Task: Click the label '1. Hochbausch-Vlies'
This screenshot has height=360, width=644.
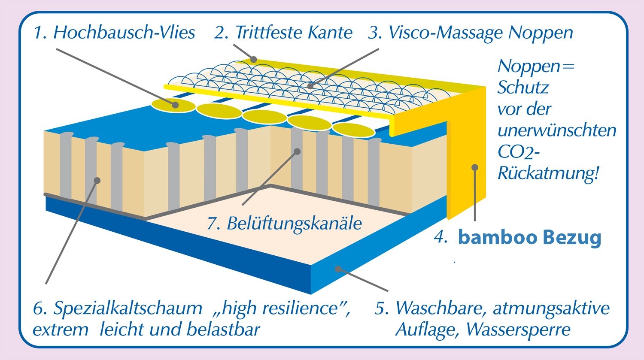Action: pos(114,32)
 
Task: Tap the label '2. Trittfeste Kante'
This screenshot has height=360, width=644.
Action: pos(283,33)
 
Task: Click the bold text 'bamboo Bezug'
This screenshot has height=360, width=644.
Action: pos(529,238)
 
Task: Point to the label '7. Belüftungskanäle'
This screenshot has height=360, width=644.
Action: pos(284,223)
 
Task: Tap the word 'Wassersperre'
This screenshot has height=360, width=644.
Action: pos(518,330)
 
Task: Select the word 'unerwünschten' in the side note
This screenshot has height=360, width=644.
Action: pos(557,131)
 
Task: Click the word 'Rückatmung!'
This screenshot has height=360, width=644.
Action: pos(548,173)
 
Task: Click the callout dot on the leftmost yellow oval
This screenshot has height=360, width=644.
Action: pos(175,105)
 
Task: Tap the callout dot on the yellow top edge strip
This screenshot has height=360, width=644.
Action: pos(253,60)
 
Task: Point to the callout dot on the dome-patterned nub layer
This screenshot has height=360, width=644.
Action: pos(310,86)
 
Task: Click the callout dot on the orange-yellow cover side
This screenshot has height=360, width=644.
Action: pos(475,167)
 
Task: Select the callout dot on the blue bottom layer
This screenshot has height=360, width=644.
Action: pos(338,269)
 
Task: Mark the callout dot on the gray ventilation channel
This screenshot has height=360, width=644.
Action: pos(297,151)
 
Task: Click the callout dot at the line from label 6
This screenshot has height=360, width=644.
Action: pos(97,181)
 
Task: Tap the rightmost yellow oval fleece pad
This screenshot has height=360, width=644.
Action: pos(354,130)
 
